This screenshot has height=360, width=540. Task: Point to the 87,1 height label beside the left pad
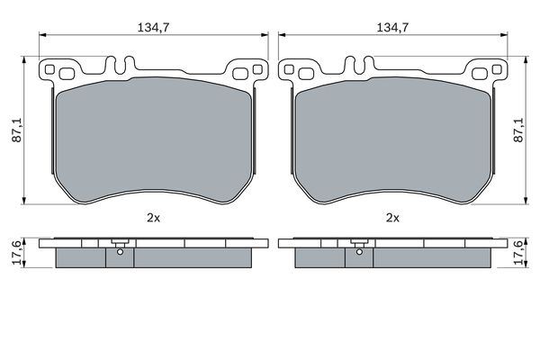coord(13,130)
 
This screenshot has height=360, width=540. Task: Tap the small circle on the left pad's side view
coord(119,252)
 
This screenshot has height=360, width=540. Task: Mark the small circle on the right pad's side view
coord(358,252)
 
